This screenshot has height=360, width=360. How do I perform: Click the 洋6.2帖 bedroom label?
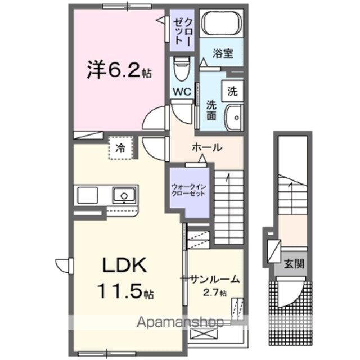click(119, 73)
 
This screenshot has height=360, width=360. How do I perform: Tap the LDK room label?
click(124, 265)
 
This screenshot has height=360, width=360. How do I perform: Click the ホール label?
click(206, 148)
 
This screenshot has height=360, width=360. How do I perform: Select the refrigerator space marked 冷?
click(120, 148)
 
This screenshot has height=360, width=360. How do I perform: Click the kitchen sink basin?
click(122, 196)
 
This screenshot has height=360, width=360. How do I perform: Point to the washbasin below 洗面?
click(232, 116)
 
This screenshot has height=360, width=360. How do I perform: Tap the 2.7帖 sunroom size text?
click(215, 292)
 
